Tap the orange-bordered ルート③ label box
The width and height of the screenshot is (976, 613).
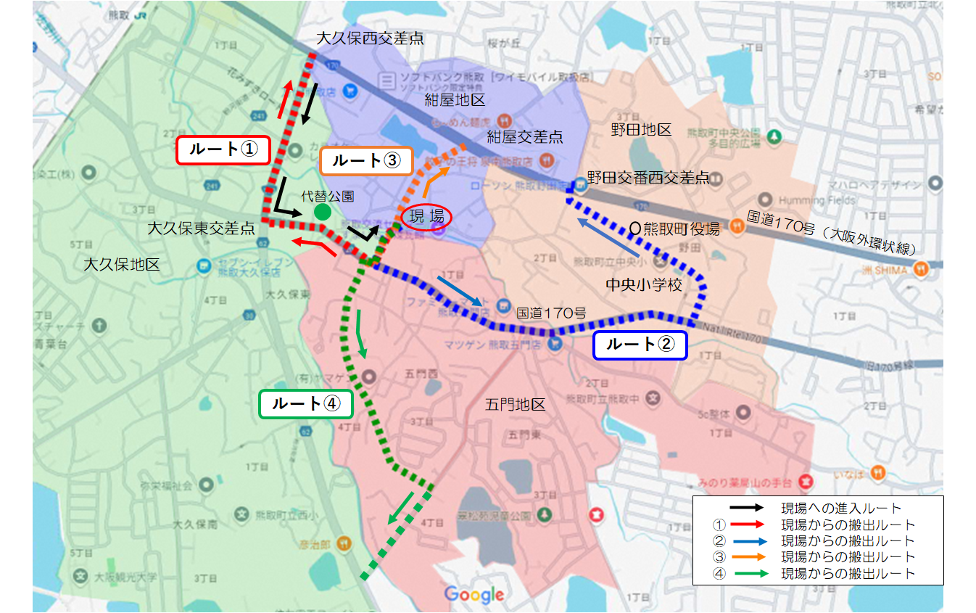(x=365, y=162)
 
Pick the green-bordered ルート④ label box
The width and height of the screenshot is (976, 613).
(x=305, y=404)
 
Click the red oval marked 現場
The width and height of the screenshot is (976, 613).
(x=426, y=216)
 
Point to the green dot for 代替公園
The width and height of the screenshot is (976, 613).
(x=323, y=212)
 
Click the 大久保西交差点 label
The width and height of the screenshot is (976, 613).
(x=370, y=38)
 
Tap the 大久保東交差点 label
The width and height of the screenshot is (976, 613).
(x=201, y=229)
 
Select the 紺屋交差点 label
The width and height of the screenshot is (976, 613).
(x=525, y=136)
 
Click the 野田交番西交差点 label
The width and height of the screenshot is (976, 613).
(x=648, y=177)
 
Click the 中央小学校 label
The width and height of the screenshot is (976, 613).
(x=644, y=285)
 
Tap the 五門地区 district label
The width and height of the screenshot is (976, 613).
(x=515, y=404)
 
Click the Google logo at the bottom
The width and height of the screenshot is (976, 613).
(x=473, y=595)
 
